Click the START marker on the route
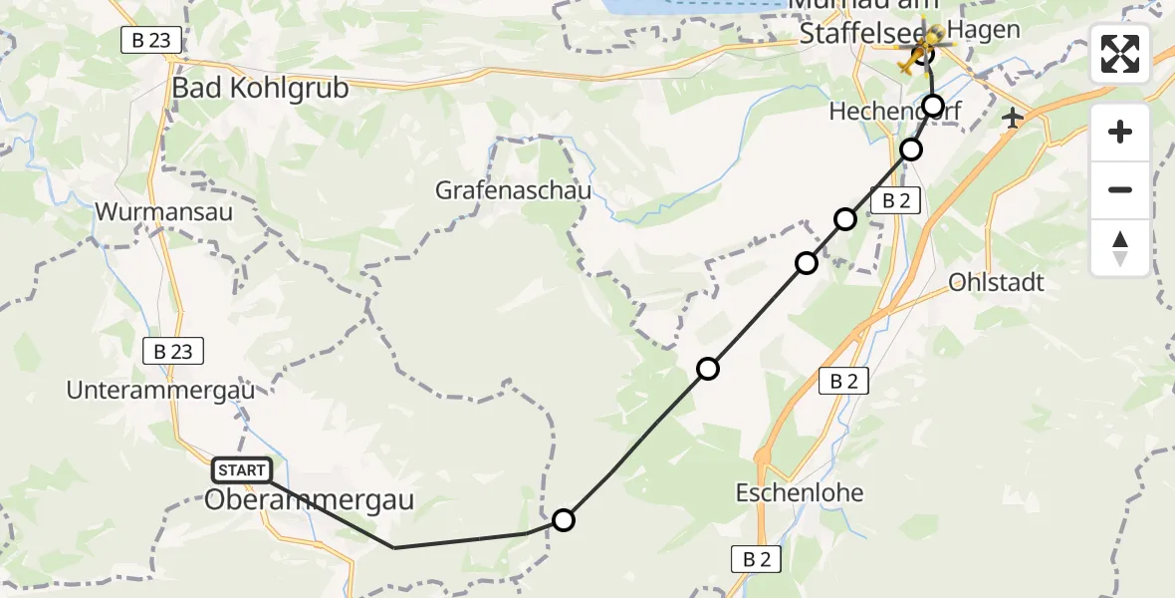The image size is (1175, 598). coord(241,470)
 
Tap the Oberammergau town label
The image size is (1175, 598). coord(309,500)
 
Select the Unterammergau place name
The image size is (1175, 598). coord(160,390)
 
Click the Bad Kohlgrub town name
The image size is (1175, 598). coord(261,88)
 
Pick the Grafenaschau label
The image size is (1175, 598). coord(514,190)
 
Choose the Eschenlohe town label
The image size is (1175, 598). coord(800,492)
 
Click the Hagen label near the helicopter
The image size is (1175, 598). coord(984,30)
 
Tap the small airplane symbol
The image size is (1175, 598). coord(1014,119)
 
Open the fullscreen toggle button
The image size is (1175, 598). coord(1120,54)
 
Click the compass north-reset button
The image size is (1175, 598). coord(1120,248)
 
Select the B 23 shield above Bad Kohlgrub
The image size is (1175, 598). coord(151,40)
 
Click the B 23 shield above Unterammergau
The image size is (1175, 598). coord(173,351)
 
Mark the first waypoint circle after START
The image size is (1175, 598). coord(564,520)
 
